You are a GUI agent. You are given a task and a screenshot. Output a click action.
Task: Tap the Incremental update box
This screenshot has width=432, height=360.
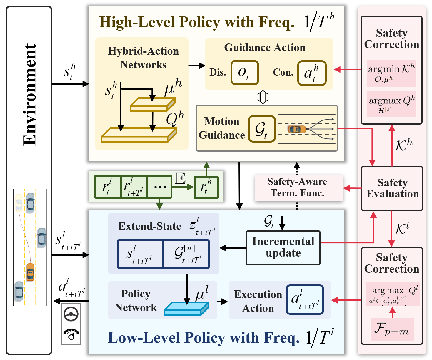(x=283, y=248)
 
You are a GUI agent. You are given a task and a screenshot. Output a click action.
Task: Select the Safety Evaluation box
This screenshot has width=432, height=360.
(x=392, y=188)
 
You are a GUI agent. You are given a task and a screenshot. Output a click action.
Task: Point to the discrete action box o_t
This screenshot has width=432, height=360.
(x=244, y=73)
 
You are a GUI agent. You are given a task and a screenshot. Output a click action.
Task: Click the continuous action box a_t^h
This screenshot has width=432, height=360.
(x=312, y=73)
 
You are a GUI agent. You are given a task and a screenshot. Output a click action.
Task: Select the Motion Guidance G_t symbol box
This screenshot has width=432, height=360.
(x=262, y=129)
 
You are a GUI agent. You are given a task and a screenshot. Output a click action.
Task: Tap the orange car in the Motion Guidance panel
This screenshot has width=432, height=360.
(x=296, y=129)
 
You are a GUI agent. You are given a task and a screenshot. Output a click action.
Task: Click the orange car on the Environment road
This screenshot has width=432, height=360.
(x=30, y=272)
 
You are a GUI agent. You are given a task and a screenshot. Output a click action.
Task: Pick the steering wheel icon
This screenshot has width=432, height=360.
(x=71, y=314)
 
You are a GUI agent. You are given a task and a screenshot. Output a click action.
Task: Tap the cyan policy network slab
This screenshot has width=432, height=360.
(x=186, y=309)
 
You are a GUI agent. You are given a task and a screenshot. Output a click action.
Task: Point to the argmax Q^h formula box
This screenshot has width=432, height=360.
(x=391, y=104)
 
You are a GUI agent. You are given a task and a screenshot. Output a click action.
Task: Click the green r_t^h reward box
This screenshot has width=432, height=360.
(x=206, y=187)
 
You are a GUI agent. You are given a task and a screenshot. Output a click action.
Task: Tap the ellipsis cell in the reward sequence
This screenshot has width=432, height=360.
(x=160, y=187)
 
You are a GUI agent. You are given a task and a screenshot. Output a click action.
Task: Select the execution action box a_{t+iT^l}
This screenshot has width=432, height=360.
(x=305, y=299)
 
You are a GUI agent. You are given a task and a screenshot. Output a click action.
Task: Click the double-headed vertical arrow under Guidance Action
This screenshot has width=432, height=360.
(x=263, y=97)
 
